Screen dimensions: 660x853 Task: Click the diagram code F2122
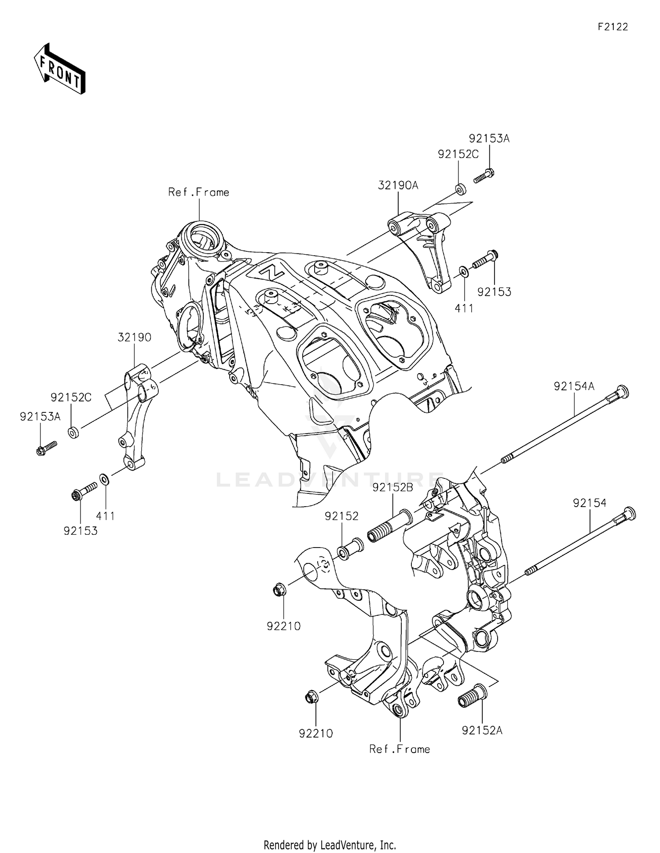click(613, 27)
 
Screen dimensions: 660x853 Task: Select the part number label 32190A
click(398, 186)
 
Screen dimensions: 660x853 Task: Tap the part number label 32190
click(134, 338)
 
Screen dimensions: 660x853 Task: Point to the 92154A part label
click(574, 386)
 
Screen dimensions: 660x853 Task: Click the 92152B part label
click(393, 488)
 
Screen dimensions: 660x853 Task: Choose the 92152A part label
click(482, 731)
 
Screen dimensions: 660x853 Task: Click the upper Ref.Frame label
click(199, 192)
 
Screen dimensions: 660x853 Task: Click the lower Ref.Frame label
click(400, 749)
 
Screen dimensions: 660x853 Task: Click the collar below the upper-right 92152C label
click(461, 190)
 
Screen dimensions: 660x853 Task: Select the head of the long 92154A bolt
click(622, 392)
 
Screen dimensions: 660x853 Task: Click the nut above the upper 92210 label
click(280, 588)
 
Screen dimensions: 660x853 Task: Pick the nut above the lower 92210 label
click(312, 697)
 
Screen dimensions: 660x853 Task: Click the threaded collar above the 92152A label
click(471, 696)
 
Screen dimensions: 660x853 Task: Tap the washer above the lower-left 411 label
click(105, 479)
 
